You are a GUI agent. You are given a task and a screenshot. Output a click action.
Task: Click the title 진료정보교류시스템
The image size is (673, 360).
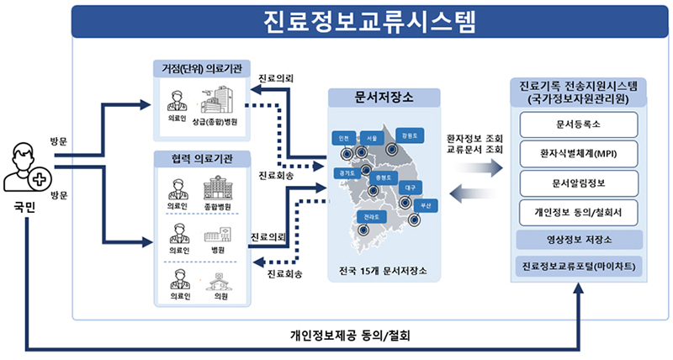369,21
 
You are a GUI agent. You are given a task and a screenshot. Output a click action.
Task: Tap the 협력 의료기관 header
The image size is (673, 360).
202,159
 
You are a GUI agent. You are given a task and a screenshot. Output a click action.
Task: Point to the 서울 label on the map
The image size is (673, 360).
373,138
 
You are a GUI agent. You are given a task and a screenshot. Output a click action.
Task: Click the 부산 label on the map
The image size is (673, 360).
426,205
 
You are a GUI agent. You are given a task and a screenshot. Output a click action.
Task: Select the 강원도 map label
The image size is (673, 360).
410,135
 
